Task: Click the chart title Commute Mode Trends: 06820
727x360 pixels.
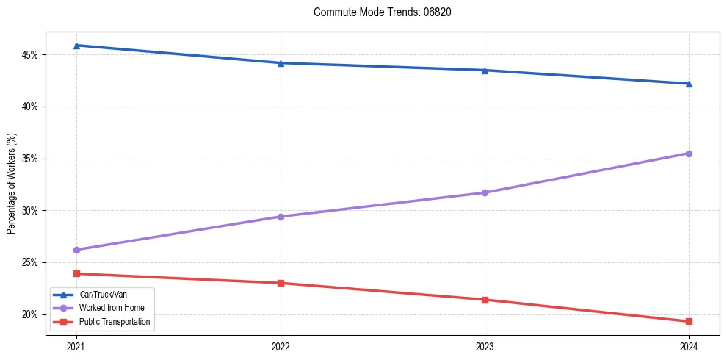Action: point(377,12)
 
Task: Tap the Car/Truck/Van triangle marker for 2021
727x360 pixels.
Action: point(76,46)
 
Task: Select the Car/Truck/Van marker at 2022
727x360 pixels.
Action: point(281,63)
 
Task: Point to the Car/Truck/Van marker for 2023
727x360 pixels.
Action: point(485,71)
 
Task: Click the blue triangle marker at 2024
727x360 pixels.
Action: point(689,84)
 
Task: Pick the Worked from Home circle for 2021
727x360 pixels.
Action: point(76,250)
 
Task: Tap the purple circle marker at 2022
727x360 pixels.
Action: point(281,217)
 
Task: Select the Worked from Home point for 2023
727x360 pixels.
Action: point(485,192)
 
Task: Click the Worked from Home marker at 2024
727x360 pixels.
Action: point(689,154)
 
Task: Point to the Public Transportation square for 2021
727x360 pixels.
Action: point(76,273)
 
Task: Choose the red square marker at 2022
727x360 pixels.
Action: point(281,283)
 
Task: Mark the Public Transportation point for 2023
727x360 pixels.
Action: point(485,300)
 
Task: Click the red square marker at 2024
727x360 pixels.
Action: point(689,321)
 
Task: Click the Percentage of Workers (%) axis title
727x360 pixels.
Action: point(11,184)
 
